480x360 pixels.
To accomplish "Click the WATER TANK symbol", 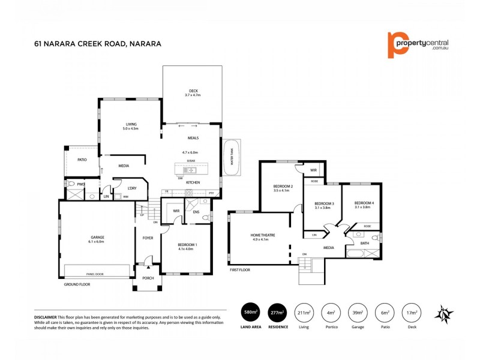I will (231, 157).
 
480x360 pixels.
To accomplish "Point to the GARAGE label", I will (97, 238).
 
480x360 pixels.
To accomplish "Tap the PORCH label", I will (148, 278).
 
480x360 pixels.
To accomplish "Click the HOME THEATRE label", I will (262, 235).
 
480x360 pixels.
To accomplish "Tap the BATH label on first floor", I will (364, 243).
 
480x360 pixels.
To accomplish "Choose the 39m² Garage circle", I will (356, 311).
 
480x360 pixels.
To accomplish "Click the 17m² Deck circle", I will (410, 311).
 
